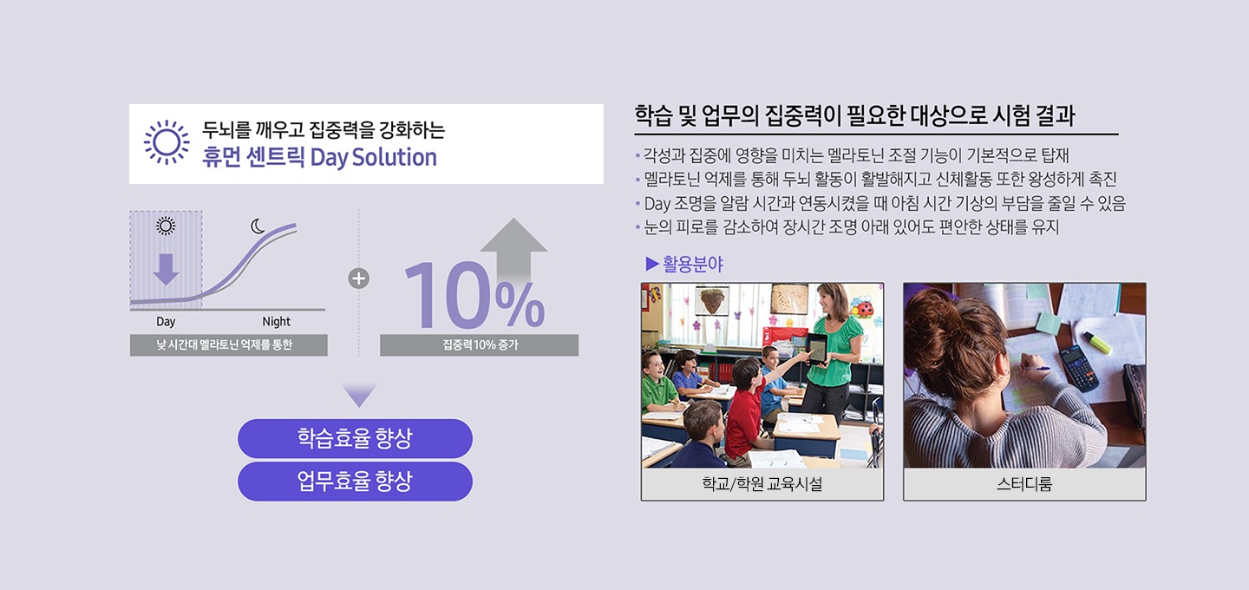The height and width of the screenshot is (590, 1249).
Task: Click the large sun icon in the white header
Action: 167,143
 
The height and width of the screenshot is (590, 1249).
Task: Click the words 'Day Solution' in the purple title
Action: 373,158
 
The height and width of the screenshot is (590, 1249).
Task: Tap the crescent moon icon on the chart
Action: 257,226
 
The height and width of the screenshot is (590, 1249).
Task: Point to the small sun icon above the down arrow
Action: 166,226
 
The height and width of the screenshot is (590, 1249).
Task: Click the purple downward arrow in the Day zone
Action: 166,269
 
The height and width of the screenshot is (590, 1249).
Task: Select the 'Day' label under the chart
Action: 166,322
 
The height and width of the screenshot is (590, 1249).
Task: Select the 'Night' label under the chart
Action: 276,322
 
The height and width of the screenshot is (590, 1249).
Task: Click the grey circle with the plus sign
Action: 358,279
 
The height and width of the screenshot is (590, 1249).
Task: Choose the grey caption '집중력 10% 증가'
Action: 480,345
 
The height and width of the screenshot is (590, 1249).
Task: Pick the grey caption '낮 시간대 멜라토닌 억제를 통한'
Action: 229,345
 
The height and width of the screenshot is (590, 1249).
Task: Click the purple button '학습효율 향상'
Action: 356,438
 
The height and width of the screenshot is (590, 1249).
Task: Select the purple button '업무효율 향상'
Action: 356,482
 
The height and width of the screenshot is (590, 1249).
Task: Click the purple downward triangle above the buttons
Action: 359,394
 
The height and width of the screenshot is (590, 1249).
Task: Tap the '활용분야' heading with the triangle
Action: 684,264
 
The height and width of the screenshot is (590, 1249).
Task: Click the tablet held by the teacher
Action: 818,349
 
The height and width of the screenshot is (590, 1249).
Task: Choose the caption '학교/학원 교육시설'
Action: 762,484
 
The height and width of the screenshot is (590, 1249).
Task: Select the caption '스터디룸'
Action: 1024,484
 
